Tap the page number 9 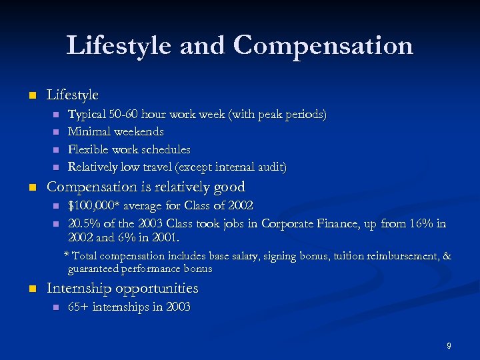(x=449, y=345)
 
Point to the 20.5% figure (x=82, y=223)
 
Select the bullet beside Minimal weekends (x=56, y=131)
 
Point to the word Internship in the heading (x=79, y=288)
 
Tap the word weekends (x=140, y=131)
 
